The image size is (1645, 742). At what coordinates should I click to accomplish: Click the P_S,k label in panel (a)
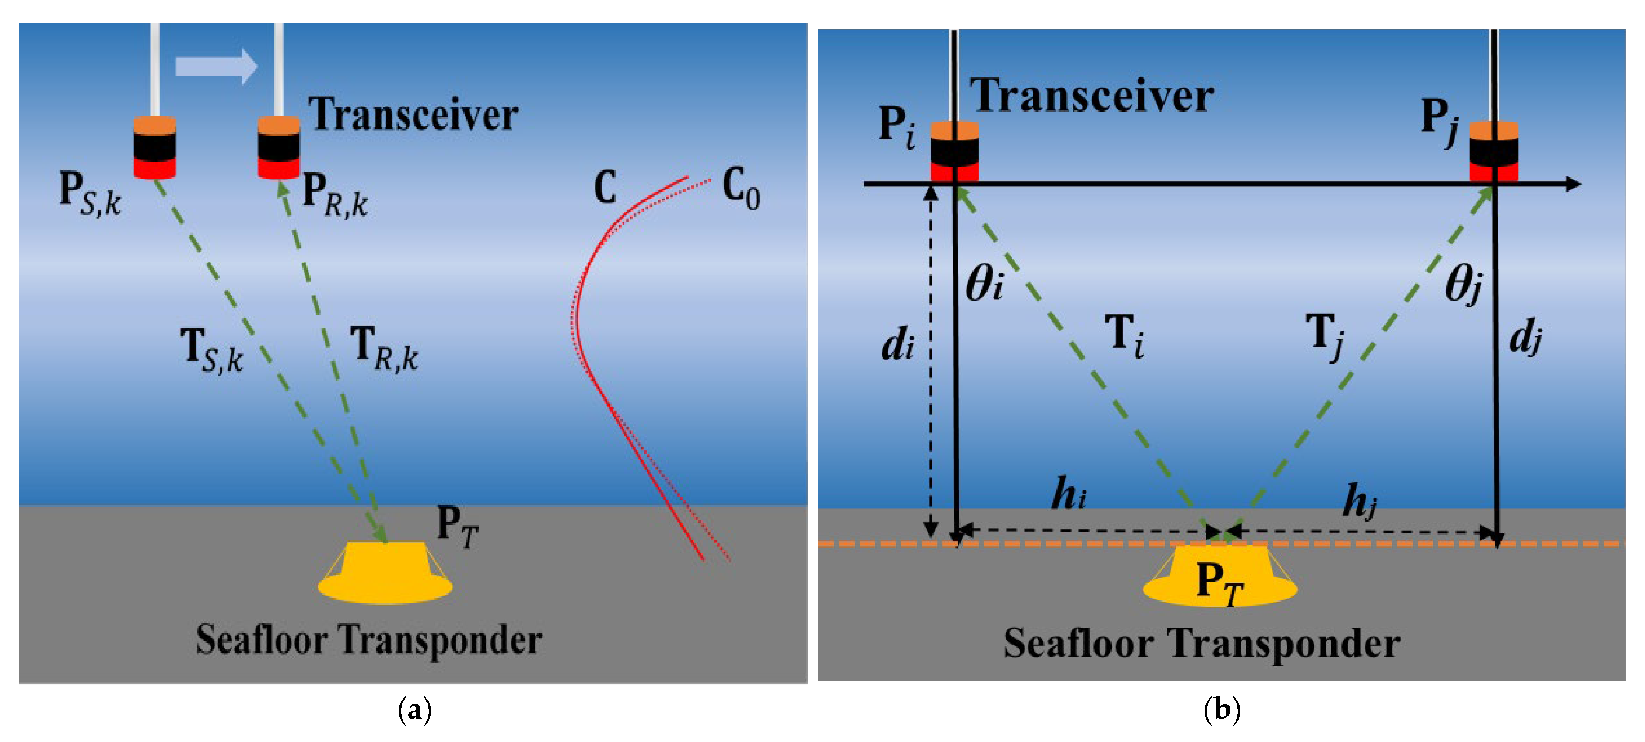click(x=90, y=194)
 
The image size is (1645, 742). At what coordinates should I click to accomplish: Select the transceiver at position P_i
click(x=954, y=152)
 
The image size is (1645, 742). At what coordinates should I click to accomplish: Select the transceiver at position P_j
click(x=1494, y=152)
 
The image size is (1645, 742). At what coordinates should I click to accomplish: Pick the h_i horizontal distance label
click(x=1068, y=494)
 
